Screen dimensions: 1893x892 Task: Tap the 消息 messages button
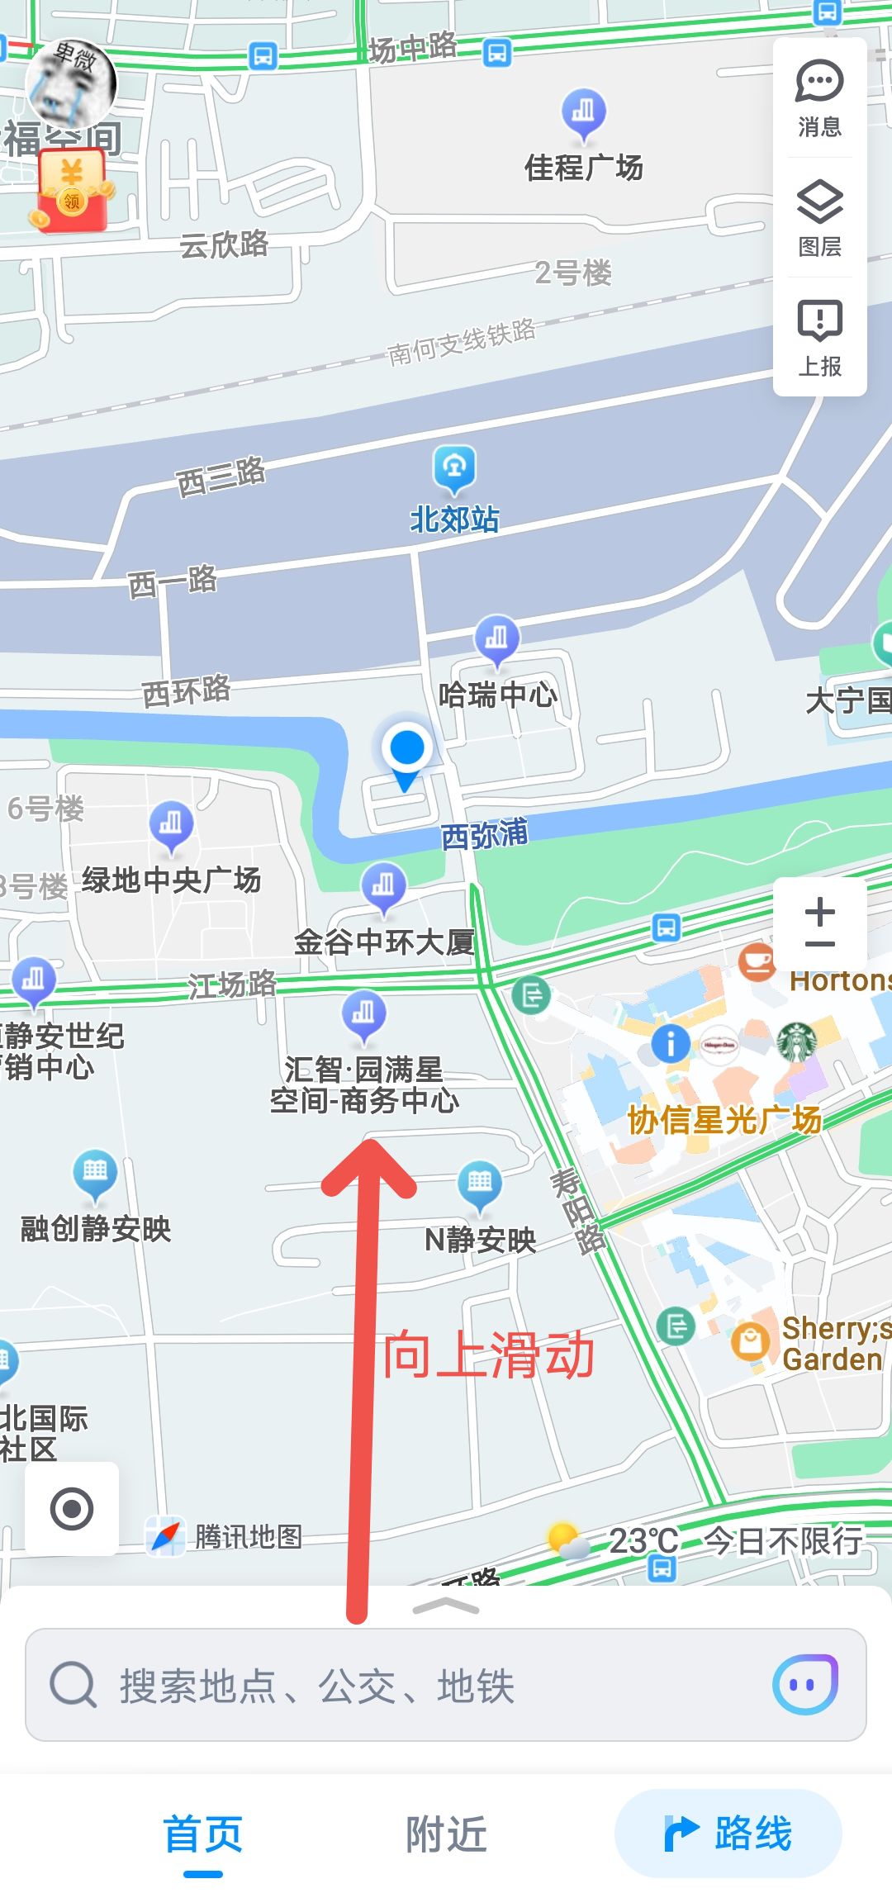(819, 97)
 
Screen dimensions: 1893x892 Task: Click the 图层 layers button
(819, 217)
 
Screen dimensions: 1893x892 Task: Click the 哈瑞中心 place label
(497, 695)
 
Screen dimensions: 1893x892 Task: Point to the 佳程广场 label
(583, 168)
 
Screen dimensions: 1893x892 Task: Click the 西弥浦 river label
(484, 835)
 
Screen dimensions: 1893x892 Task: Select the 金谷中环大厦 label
(384, 942)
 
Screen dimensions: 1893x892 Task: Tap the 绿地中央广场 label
(171, 880)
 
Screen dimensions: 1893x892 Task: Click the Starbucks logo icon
(797, 1042)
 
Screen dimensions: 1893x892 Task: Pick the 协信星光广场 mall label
(724, 1121)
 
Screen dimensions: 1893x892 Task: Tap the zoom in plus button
(819, 912)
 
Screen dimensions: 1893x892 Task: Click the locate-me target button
(72, 1509)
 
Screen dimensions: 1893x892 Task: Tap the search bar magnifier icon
(73, 1685)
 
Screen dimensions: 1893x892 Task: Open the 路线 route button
(728, 1834)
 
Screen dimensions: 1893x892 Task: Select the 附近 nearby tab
(446, 1834)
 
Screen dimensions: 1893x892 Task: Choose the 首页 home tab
(203, 1834)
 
